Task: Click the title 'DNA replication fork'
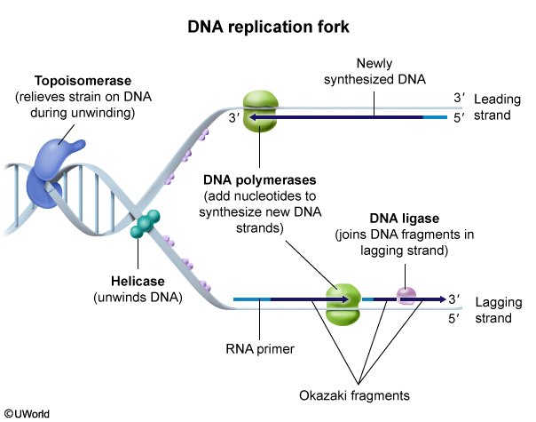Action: (269, 27)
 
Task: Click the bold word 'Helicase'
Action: (133, 281)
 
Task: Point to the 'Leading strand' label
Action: (498, 107)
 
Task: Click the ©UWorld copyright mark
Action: (27, 413)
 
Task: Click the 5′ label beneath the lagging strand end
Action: (457, 317)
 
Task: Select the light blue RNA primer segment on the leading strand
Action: (435, 116)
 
